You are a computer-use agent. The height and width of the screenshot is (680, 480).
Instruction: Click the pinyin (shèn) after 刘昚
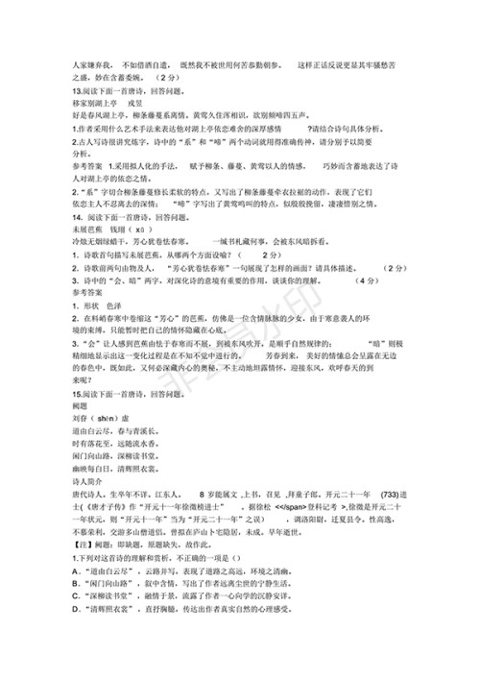tap(93, 420)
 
